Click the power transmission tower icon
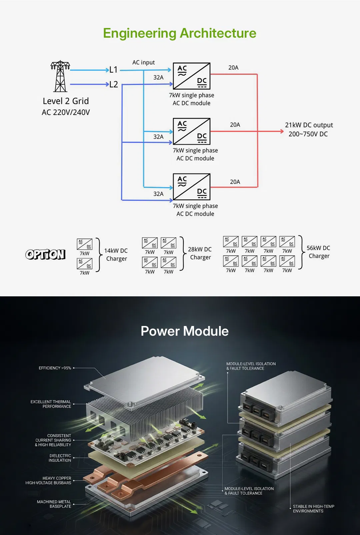coord(60,76)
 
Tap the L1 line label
coord(113,70)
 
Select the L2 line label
coord(113,84)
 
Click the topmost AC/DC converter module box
coord(192,76)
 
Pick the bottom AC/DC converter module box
coord(192,186)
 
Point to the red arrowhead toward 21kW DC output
coord(281,131)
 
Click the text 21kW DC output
coord(309,125)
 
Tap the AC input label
coord(143,62)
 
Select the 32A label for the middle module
coord(158,137)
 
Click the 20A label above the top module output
coord(233,68)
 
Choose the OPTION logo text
coord(46,255)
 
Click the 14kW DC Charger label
coord(116,255)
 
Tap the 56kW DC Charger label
coord(318,252)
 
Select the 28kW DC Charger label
coord(200,253)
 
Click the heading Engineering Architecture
coord(180,33)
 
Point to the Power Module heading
coord(184,331)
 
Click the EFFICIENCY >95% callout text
coord(55,368)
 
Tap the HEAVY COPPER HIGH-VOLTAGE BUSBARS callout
coord(49,480)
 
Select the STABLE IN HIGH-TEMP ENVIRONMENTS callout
coord(313,509)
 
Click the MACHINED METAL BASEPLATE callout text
coord(54,504)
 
